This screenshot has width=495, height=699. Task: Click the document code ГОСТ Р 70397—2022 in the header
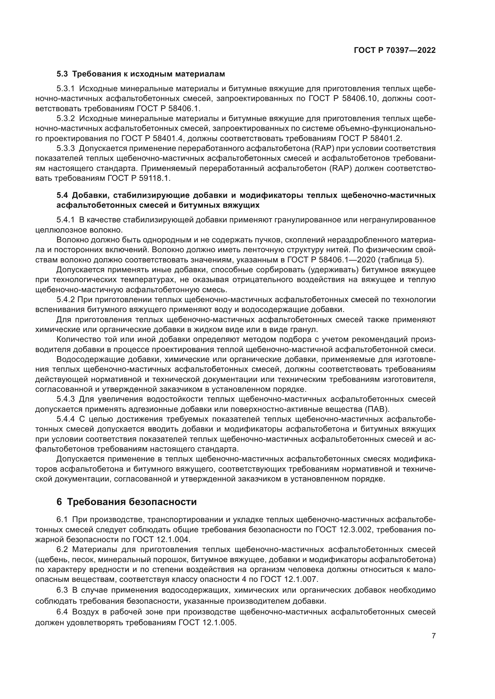(394, 50)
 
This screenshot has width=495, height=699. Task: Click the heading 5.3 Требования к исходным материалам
(141, 74)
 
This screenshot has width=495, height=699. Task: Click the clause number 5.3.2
(66, 118)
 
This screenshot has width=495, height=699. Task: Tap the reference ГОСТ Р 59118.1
(139, 178)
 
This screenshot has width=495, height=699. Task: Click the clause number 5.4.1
(66, 220)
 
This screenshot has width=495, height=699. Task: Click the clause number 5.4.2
(66, 299)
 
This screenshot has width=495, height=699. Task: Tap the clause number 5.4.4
(66, 419)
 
